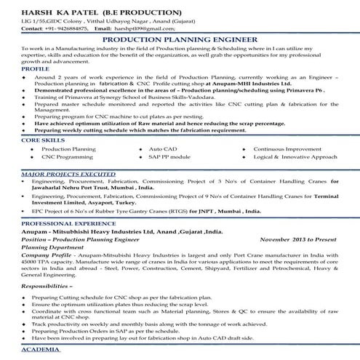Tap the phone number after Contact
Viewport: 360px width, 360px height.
75,30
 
